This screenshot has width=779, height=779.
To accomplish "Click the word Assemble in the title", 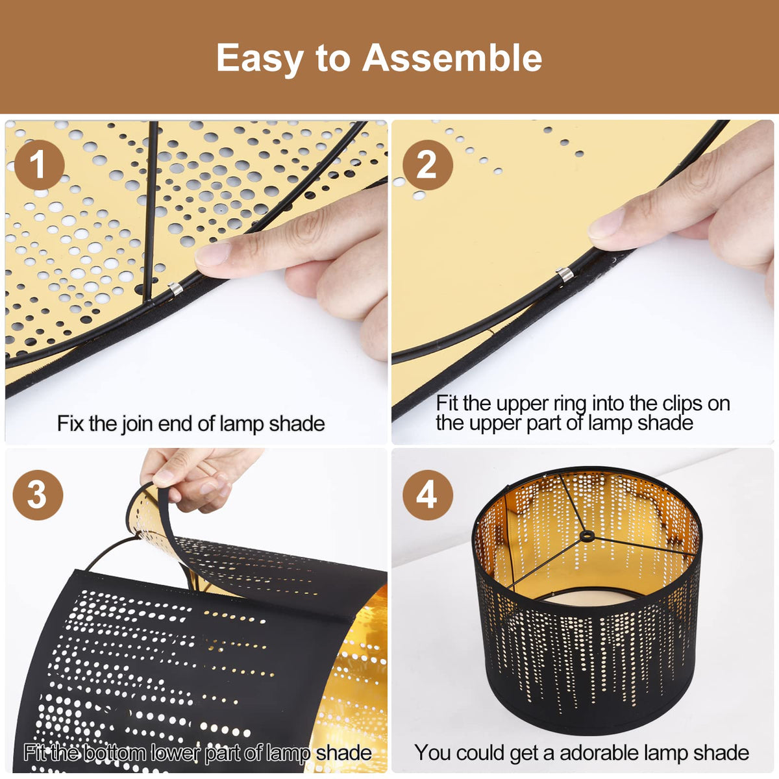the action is tap(452, 58).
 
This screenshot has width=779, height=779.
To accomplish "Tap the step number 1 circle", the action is tap(39, 164).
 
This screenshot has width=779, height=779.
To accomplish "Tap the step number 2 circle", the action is tap(427, 164).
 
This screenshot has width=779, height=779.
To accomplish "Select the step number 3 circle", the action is tap(38, 495).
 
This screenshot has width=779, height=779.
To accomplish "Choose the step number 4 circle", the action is tap(427, 495).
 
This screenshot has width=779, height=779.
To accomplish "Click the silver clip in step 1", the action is tap(175, 288).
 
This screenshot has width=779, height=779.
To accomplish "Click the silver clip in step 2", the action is tap(564, 275).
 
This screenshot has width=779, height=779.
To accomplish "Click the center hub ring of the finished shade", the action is tap(587, 536).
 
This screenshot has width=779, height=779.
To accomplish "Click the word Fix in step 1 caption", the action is tap(71, 423).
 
